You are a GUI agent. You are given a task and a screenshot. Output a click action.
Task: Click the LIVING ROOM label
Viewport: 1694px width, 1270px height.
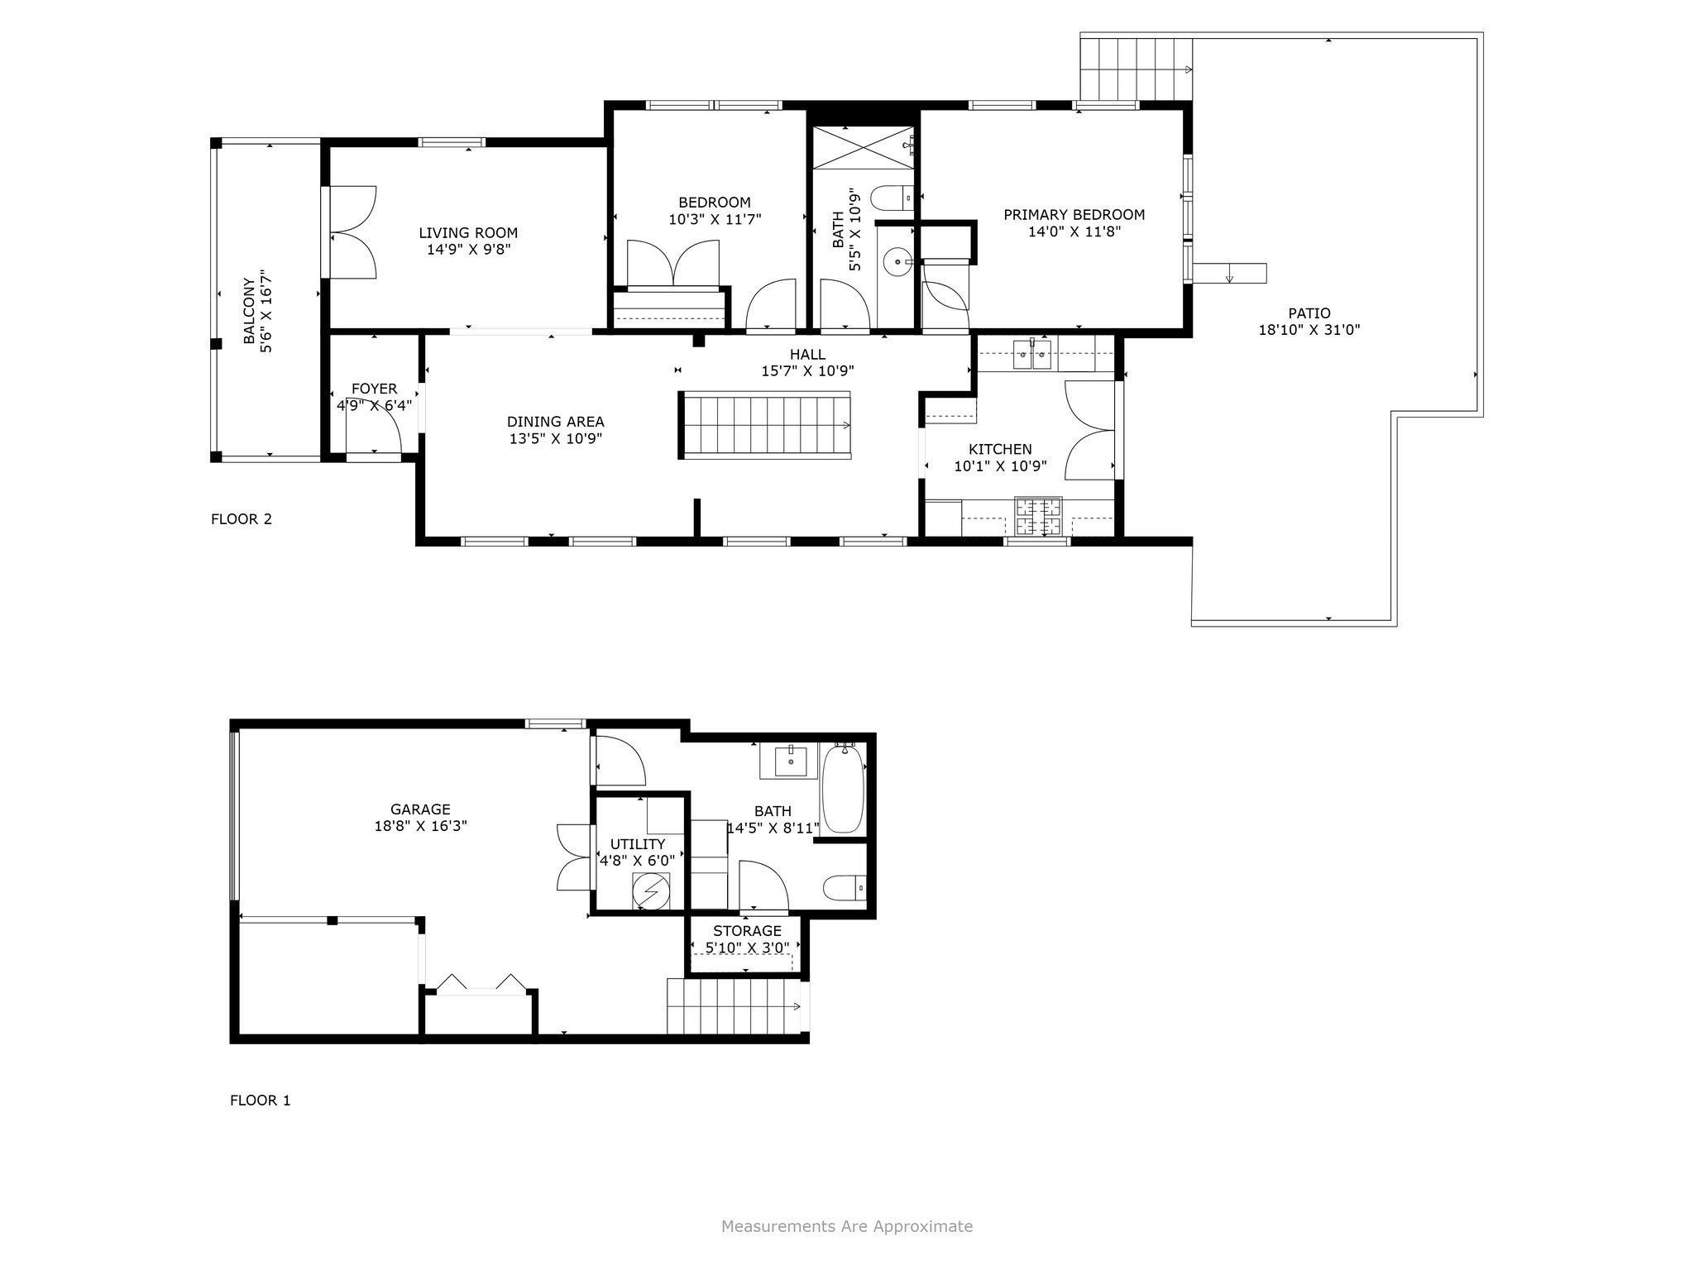point(468,233)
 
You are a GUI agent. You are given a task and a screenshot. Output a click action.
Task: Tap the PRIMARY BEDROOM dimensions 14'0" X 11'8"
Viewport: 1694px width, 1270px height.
point(1074,232)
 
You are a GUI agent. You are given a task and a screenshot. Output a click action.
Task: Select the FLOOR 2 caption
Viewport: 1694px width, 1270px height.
point(242,519)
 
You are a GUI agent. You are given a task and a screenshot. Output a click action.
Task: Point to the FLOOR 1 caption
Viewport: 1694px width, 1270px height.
point(261,1101)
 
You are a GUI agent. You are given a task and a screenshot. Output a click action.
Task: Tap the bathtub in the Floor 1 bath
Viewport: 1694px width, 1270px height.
point(844,788)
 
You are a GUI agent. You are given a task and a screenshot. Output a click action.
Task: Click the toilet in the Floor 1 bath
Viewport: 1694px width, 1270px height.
point(845,888)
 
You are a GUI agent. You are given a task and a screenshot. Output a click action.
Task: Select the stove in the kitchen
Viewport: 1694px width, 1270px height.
point(1039,518)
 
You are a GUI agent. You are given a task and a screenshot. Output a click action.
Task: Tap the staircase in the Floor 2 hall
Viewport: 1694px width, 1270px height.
point(766,425)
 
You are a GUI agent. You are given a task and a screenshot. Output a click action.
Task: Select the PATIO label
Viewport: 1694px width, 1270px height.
point(1309,313)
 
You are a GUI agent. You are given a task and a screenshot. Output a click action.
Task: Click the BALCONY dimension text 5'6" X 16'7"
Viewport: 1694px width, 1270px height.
point(266,311)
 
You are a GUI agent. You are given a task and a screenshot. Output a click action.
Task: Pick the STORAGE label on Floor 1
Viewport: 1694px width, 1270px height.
point(747,931)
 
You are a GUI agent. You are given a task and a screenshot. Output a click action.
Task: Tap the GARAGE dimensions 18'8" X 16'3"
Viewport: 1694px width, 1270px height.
point(421,825)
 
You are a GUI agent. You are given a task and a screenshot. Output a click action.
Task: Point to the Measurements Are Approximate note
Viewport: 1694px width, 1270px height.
point(847,1226)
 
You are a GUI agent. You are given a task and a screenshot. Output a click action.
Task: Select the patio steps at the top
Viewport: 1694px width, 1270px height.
point(1136,69)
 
